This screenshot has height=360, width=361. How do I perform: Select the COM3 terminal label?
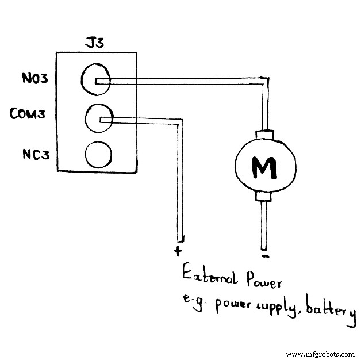pos(28,114)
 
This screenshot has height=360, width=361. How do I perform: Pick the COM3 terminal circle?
pos(98,118)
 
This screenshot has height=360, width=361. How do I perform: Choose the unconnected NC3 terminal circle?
pos(98,154)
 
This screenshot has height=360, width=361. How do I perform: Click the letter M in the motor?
pos(264,167)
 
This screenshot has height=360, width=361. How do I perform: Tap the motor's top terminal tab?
pos(265,135)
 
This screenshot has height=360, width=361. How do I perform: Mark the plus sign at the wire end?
pos(178,251)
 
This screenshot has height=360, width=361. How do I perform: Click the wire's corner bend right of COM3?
pos(180,121)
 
